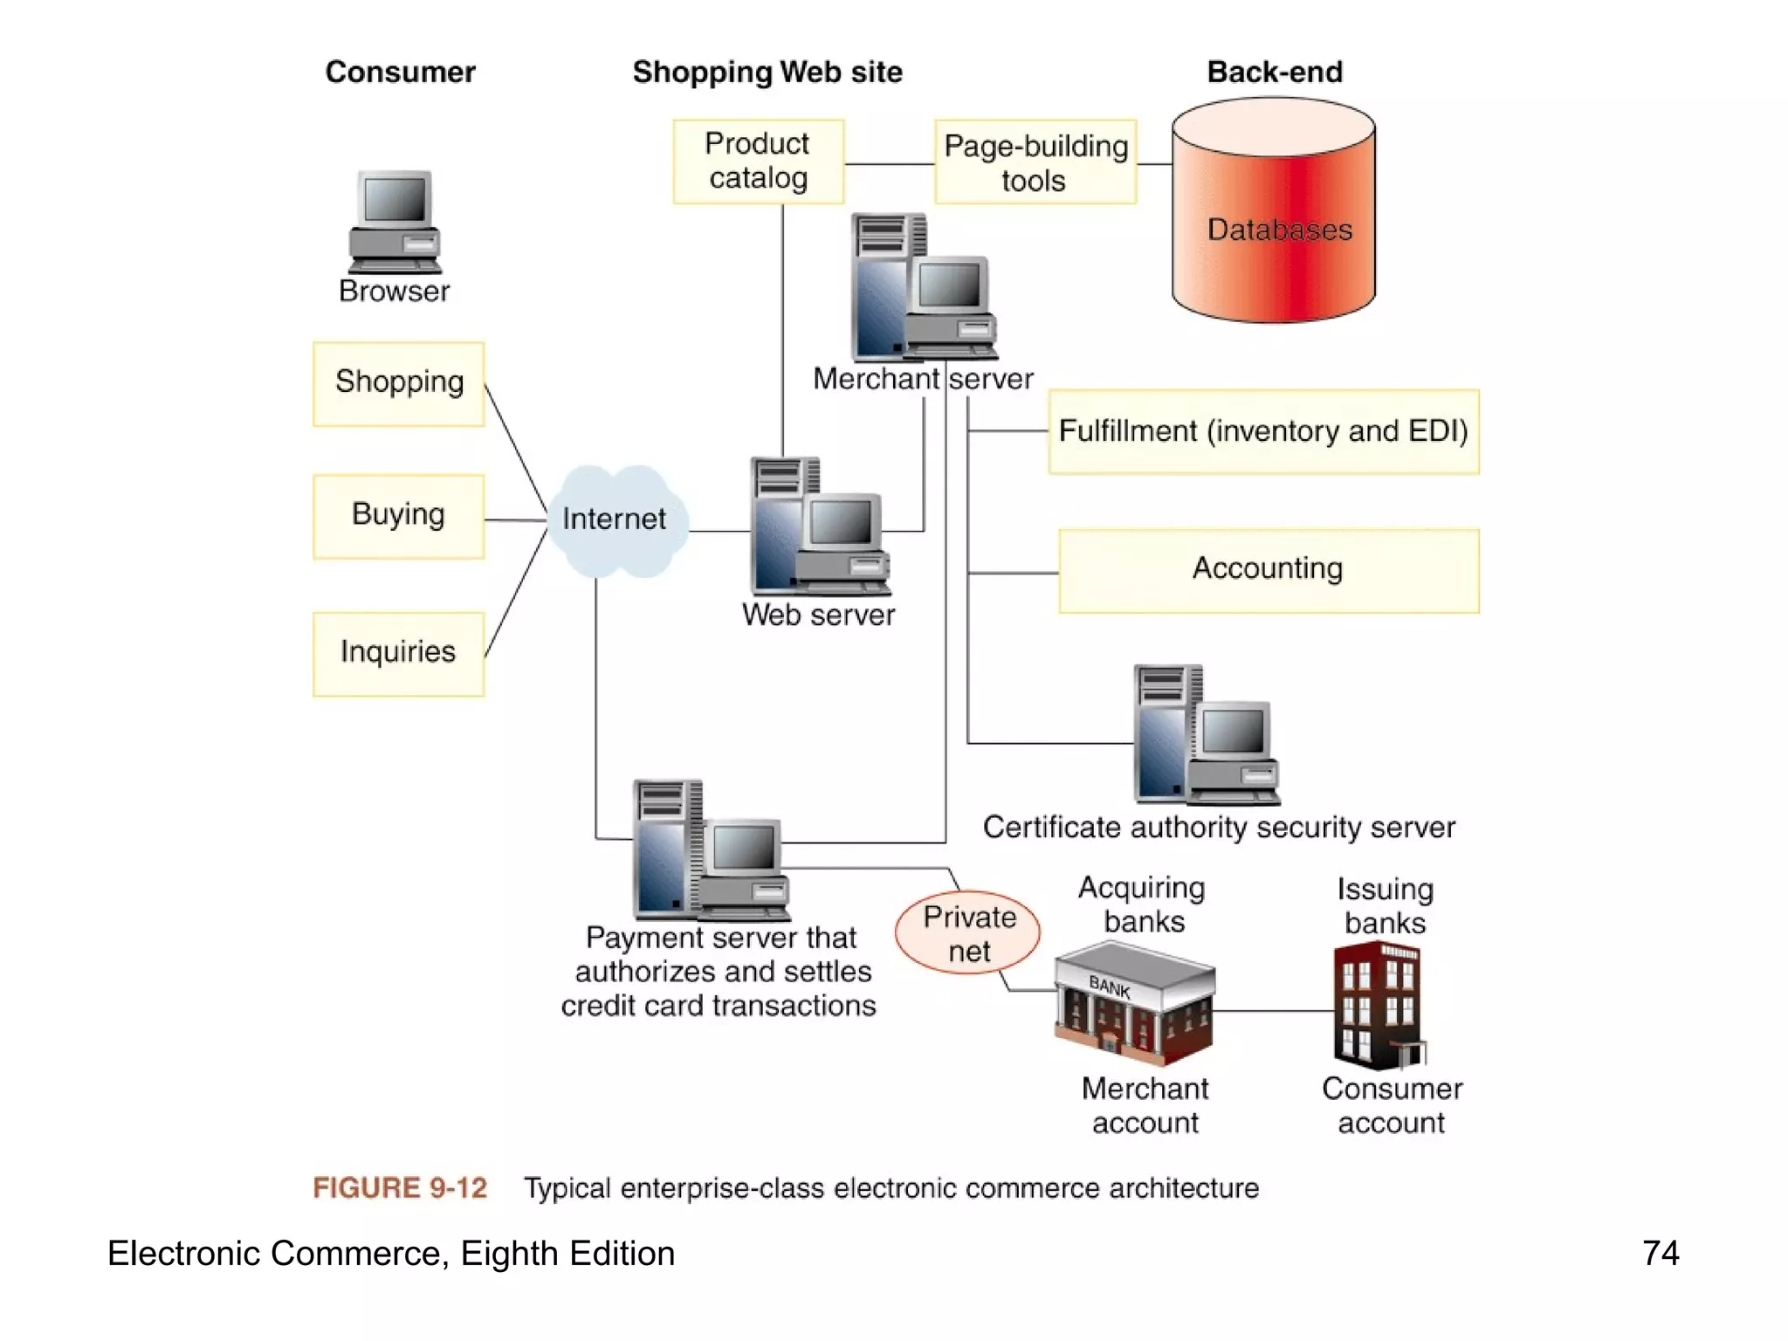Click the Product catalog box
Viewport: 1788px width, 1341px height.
pyautogui.click(x=758, y=162)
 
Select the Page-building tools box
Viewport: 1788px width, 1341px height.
pyautogui.click(x=1035, y=162)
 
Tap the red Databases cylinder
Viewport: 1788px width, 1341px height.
pyautogui.click(x=1273, y=214)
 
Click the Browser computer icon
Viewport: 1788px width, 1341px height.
pyautogui.click(x=395, y=223)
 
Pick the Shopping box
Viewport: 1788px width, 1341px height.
pyautogui.click(x=398, y=383)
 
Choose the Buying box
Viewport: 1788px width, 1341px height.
pyautogui.click(x=398, y=516)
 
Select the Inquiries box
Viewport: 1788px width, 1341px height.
pyautogui.click(x=398, y=653)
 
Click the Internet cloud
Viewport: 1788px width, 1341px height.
pyautogui.click(x=615, y=520)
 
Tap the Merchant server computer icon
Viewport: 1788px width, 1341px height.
pyautogui.click(x=922, y=288)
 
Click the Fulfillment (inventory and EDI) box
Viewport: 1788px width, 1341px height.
pyautogui.click(x=1262, y=431)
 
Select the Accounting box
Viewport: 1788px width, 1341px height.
pyautogui.click(x=1268, y=570)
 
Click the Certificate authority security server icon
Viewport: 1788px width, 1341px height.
pyautogui.click(x=1205, y=735)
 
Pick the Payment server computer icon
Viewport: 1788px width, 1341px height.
pyautogui.click(x=709, y=850)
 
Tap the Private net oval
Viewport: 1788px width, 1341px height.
pyautogui.click(x=967, y=933)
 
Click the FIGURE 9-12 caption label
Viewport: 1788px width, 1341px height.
pyautogui.click(x=400, y=1188)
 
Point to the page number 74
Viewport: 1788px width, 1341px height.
pyautogui.click(x=1660, y=1253)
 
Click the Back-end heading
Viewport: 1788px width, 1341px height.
pyautogui.click(x=1274, y=72)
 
